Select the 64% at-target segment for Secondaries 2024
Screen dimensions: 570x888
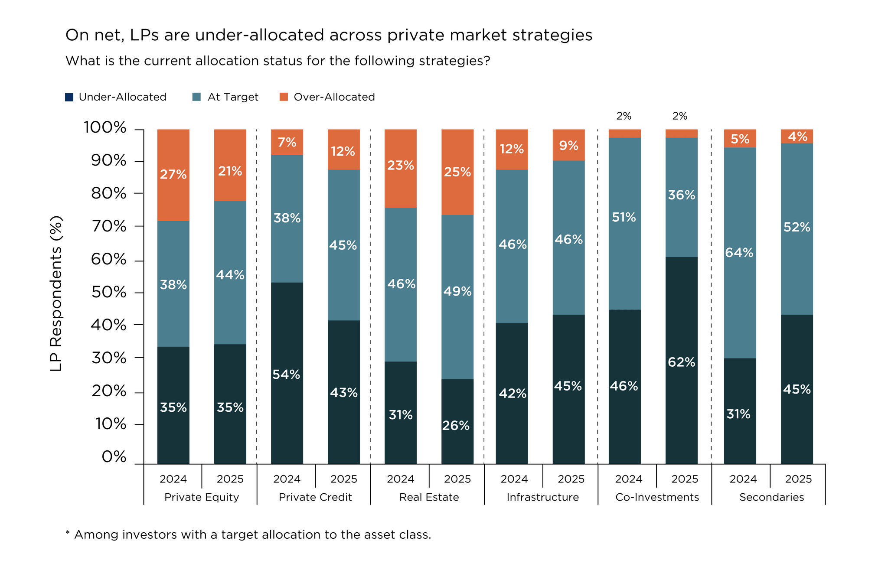pos(740,253)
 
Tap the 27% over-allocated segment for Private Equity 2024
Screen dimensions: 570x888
pos(173,175)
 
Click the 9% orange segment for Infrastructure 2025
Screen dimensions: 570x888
pos(568,145)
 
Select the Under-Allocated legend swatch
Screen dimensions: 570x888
pos(69,97)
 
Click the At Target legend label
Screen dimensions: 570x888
pos(233,97)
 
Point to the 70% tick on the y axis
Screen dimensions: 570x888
pos(109,226)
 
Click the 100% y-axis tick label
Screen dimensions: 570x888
pos(105,128)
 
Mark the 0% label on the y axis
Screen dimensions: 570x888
pos(114,457)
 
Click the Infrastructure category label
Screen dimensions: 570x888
pos(543,497)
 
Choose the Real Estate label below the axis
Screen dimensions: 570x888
pos(429,497)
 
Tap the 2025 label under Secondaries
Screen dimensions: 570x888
pos(798,479)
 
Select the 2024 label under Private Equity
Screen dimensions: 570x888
pos(173,479)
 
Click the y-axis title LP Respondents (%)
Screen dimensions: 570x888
pos(56,293)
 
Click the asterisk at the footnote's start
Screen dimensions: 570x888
pos(68,534)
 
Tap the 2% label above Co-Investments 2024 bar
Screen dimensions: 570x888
pos(624,116)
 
